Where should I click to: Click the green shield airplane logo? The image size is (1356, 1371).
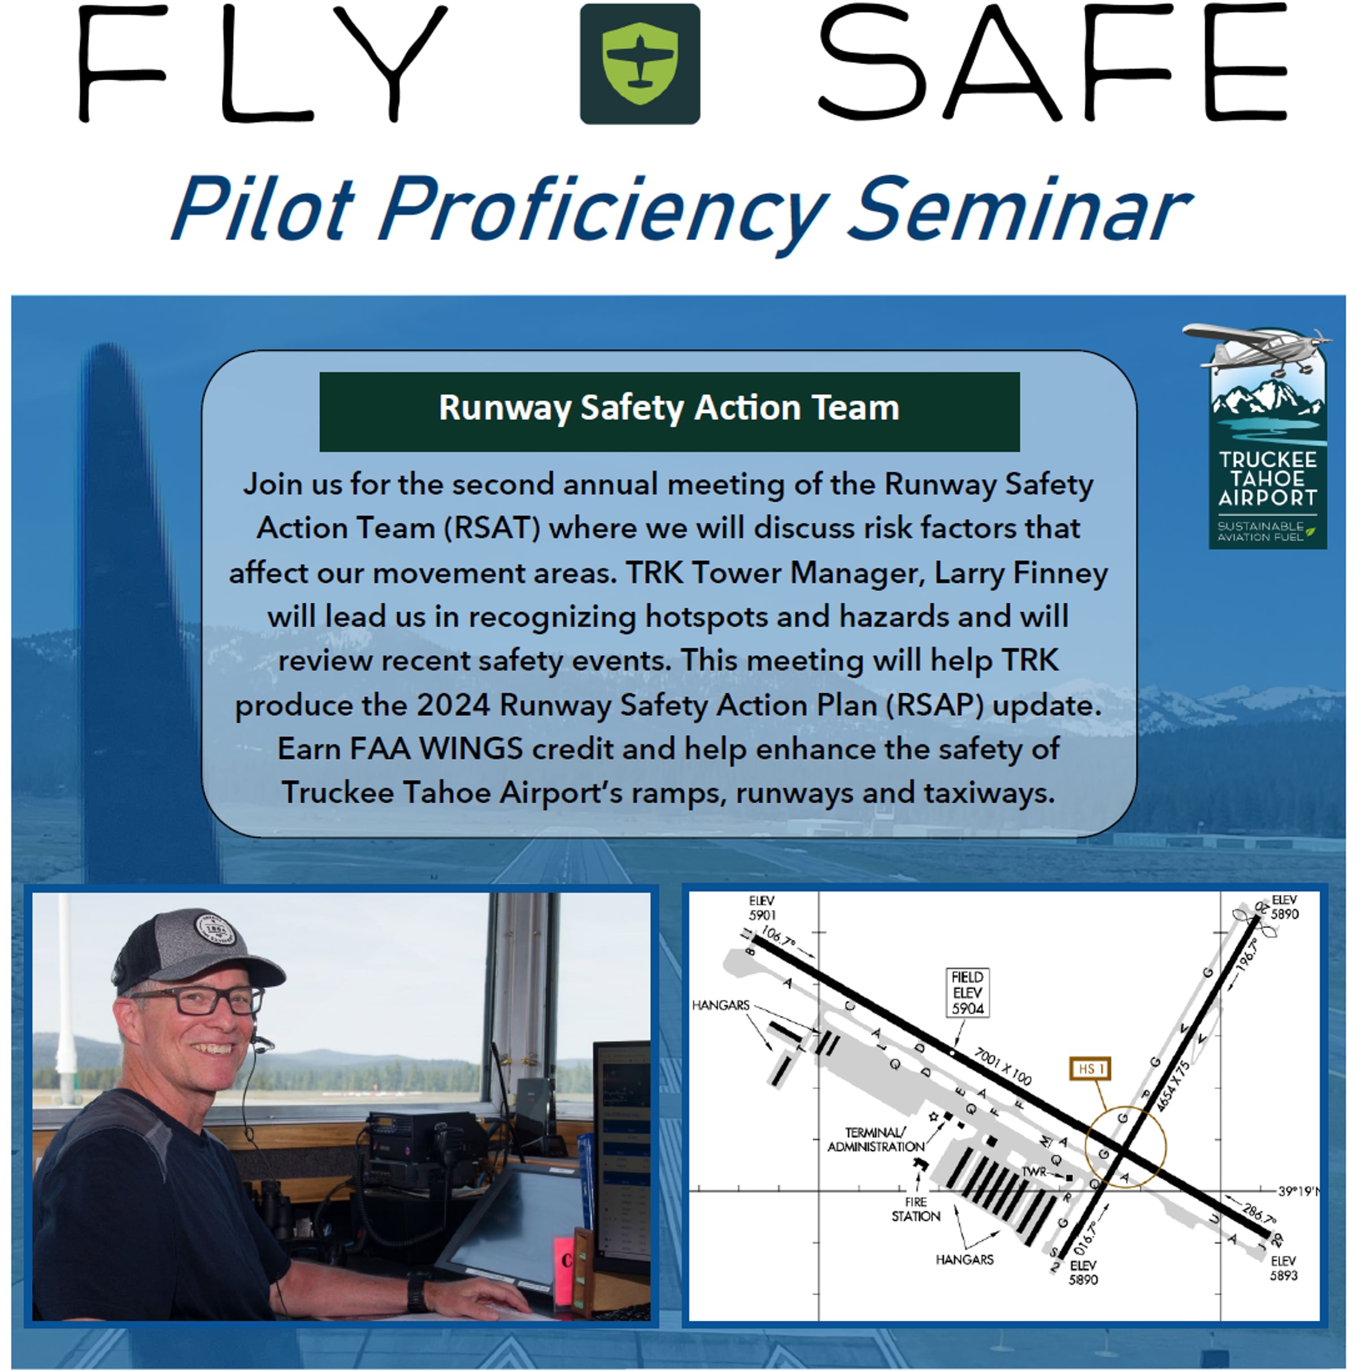pyautogui.click(x=640, y=64)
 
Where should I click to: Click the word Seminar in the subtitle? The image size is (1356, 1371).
pyautogui.click(x=1020, y=211)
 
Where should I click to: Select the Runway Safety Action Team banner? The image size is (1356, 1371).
pyautogui.click(x=669, y=412)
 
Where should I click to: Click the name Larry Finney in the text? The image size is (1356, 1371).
pyautogui.click(x=1020, y=573)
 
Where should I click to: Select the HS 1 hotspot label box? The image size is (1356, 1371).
pyautogui.click(x=1089, y=1069)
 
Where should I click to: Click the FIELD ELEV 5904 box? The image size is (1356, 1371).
pyautogui.click(x=967, y=992)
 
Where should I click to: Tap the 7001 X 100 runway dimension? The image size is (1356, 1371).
pyautogui.click(x=1003, y=1066)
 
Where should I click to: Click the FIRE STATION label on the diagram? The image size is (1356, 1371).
pyautogui.click(x=915, y=1209)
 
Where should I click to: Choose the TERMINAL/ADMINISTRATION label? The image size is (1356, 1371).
pyautogui.click(x=876, y=1139)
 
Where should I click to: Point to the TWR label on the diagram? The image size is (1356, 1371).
pyautogui.click(x=1035, y=1172)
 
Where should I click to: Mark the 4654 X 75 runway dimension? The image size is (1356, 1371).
pyautogui.click(x=1172, y=1086)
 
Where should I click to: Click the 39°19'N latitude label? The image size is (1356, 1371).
pyautogui.click(x=1298, y=1191)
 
